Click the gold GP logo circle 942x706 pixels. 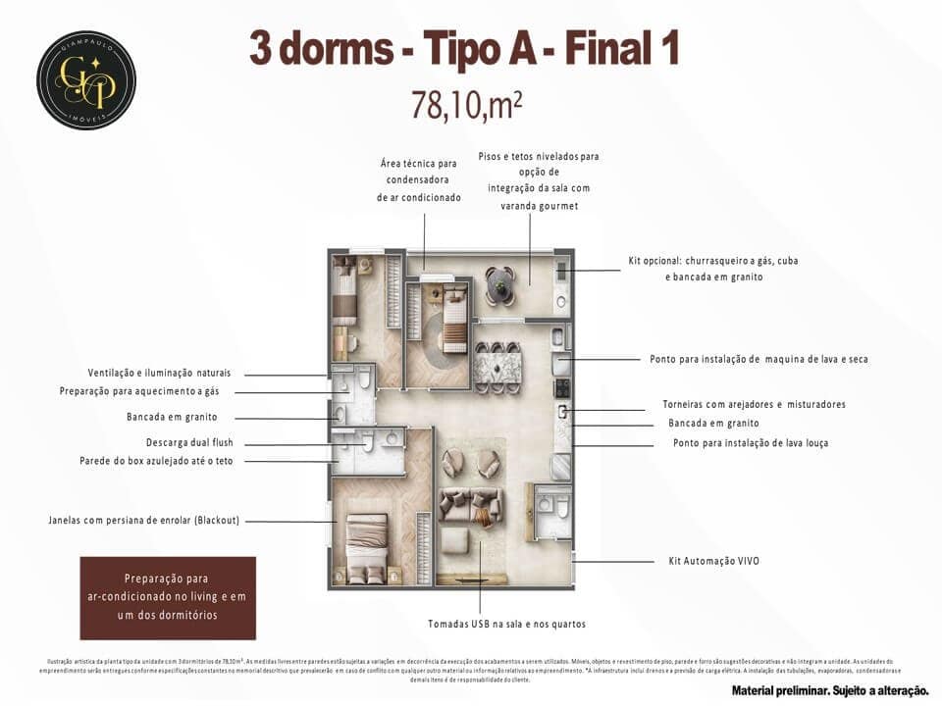(86, 80)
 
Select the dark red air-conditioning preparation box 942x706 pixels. (167, 597)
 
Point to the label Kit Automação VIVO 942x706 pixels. (706, 561)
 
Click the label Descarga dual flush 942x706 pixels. (189, 442)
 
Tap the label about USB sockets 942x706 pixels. (506, 624)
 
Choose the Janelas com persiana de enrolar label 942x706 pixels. (143, 520)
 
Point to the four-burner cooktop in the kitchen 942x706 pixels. (563, 388)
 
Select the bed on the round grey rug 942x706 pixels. (453, 319)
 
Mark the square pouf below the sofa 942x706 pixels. (458, 541)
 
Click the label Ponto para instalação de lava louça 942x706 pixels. (750, 443)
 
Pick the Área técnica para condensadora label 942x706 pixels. (419, 180)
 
